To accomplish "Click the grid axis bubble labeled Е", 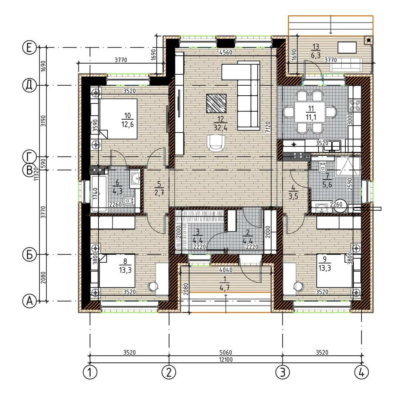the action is click(x=29, y=48).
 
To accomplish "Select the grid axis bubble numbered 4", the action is click(x=361, y=372).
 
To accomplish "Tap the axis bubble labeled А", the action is click(x=29, y=301).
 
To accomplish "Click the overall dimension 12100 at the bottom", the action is click(x=226, y=359).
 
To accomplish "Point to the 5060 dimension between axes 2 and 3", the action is click(x=226, y=352).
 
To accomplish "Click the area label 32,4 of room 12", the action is click(x=221, y=128).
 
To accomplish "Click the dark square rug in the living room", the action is click(x=217, y=103).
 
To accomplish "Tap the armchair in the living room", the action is click(x=216, y=143).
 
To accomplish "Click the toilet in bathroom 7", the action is click(x=322, y=168).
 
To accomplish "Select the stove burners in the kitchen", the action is click(x=355, y=105).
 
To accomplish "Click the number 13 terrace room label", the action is click(x=316, y=47).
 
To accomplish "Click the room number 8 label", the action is click(x=125, y=261).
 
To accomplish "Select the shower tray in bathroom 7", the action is click(x=348, y=167).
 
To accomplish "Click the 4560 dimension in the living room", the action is click(x=226, y=52).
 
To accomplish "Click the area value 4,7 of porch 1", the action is click(x=225, y=288).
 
